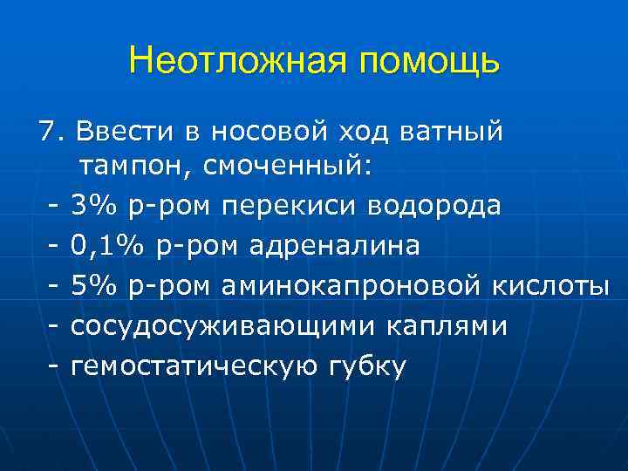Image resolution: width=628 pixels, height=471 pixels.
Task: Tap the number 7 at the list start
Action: tap(46, 133)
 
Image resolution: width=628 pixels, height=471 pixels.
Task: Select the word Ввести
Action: tap(126, 133)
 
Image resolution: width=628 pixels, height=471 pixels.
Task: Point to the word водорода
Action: tap(435, 206)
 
